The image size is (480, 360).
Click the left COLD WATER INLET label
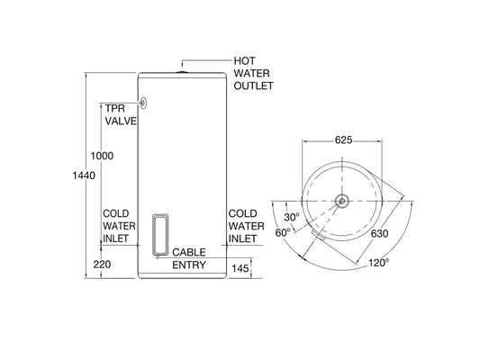pos(119,225)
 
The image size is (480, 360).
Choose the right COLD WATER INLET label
pos(245,225)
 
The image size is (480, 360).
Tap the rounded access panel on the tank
pos(162,232)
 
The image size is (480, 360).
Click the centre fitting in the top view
pos(342,200)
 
